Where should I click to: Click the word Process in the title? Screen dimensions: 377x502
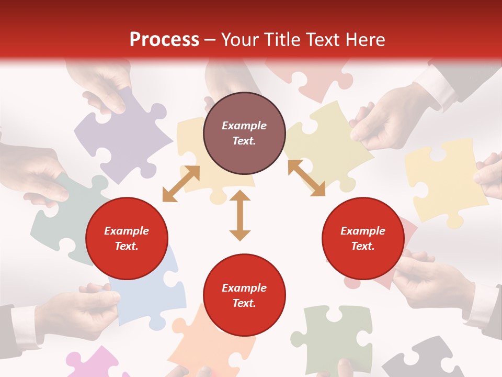(164, 40)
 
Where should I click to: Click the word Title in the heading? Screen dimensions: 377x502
(281, 40)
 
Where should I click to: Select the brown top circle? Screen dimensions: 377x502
(244, 134)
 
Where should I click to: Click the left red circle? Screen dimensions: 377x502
(127, 239)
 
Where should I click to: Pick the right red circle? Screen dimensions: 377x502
(363, 239)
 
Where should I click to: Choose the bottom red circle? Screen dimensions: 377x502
(244, 296)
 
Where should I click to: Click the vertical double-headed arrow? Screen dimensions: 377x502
(240, 216)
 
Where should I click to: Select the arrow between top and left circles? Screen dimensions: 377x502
(181, 183)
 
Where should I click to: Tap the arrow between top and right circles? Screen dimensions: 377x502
(306, 178)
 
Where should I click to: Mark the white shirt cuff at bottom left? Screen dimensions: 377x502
(24, 325)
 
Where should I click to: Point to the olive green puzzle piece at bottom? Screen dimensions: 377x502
(335, 335)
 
